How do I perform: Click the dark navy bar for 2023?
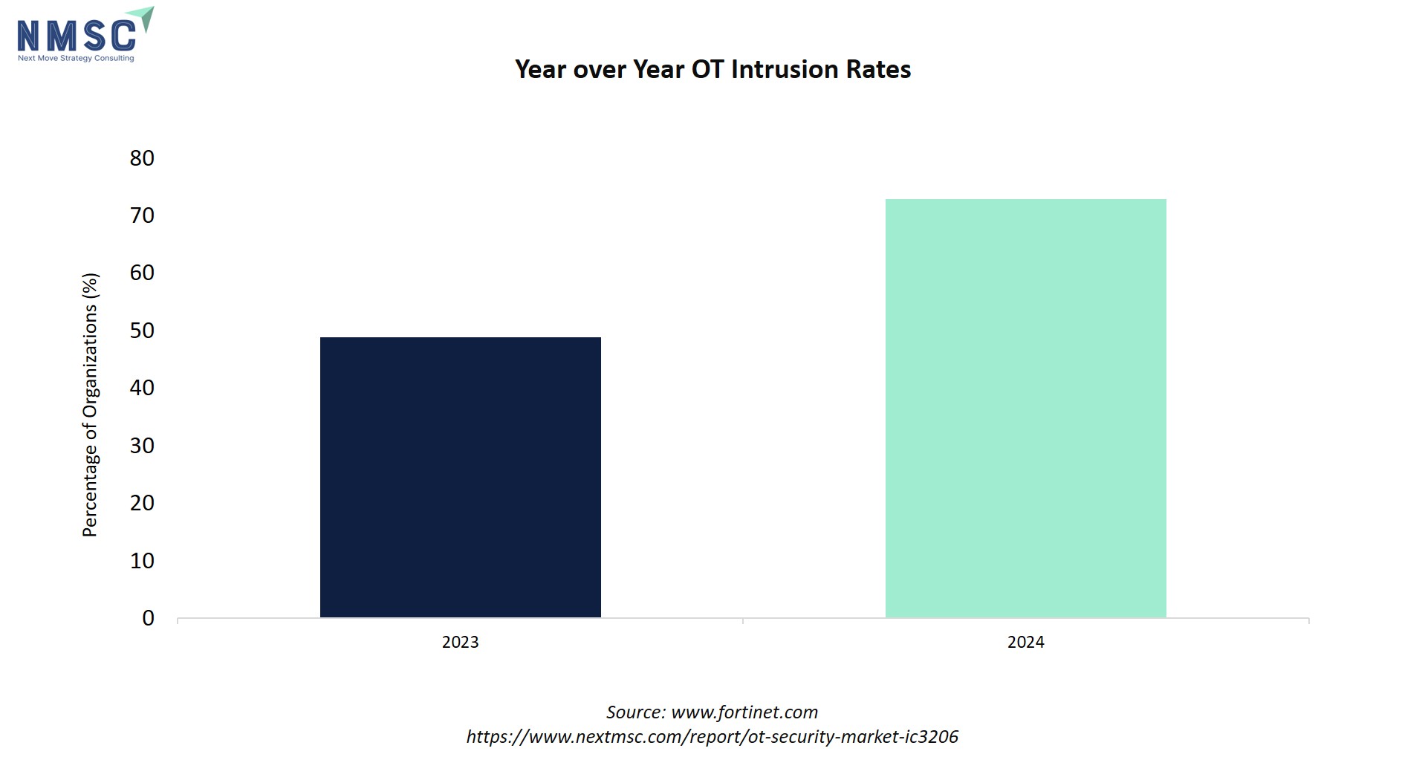click(x=461, y=477)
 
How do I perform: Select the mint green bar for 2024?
click(x=1026, y=408)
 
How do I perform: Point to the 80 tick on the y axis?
click(x=142, y=157)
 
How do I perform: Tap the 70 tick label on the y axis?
click(x=142, y=215)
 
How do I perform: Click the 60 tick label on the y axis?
click(x=142, y=273)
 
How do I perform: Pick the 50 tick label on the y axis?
click(x=142, y=331)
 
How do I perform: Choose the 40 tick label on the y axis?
click(x=142, y=388)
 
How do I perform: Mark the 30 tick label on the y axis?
click(x=142, y=446)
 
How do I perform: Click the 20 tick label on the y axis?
click(x=142, y=503)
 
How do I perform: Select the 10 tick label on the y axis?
click(x=142, y=561)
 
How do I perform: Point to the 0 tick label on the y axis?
click(x=149, y=618)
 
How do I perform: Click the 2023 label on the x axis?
click(x=461, y=642)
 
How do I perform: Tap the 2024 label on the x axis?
click(x=1026, y=642)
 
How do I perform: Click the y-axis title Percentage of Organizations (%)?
click(x=90, y=406)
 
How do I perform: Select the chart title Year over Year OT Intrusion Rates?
click(x=713, y=69)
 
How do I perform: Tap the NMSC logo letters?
click(x=77, y=35)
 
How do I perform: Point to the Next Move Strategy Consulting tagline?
click(x=77, y=58)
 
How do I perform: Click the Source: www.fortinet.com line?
click(x=712, y=712)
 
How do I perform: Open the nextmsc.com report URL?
click(x=712, y=737)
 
